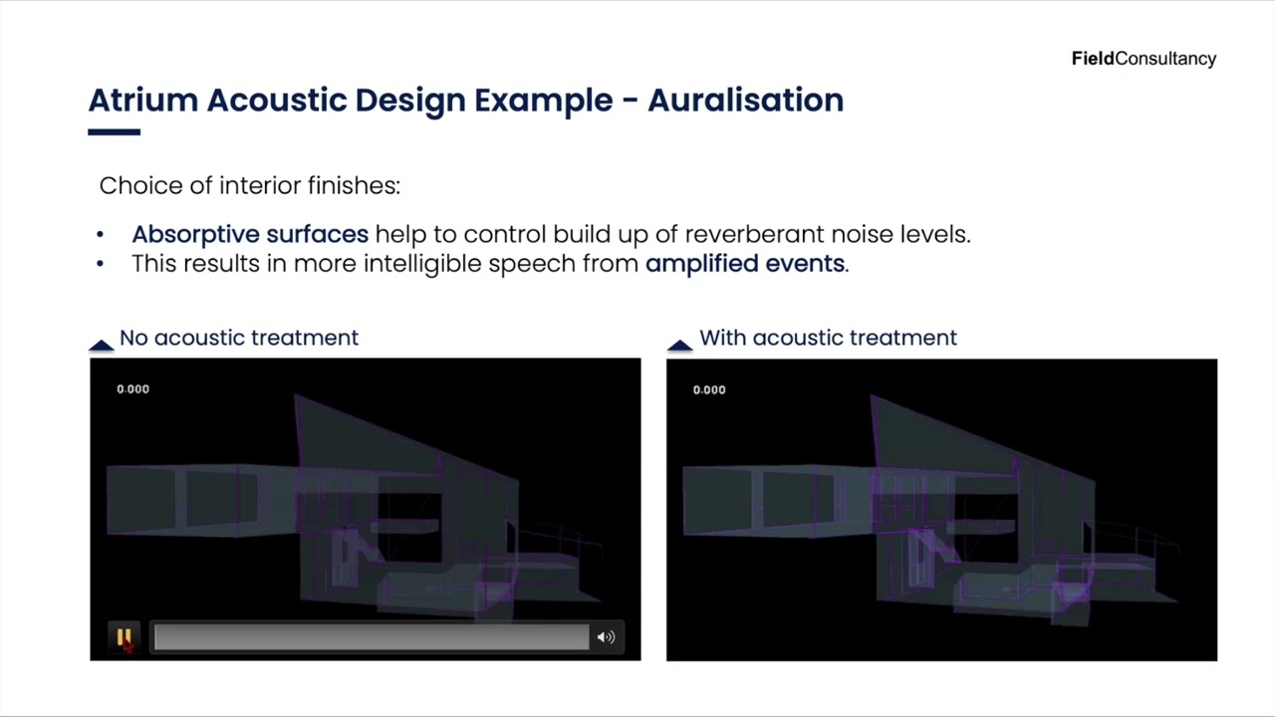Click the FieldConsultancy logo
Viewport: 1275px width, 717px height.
pos(1144,59)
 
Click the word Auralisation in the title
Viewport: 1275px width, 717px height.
pos(745,101)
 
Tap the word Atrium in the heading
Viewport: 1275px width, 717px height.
pos(142,101)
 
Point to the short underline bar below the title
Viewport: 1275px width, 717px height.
pos(114,131)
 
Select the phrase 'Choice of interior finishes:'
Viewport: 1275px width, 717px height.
pos(249,185)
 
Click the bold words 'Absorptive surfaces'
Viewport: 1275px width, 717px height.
pos(249,234)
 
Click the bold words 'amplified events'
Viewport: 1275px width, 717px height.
pos(744,264)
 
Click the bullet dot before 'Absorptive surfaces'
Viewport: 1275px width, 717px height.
pos(100,235)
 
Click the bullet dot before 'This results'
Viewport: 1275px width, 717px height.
pos(100,265)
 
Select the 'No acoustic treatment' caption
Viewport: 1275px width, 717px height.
pos(238,338)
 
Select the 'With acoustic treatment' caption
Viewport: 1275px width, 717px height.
pos(828,338)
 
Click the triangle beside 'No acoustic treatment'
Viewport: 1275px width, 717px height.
pos(101,345)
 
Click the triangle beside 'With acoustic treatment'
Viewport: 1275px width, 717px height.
pos(679,345)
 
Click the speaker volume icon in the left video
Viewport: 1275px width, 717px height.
pos(606,637)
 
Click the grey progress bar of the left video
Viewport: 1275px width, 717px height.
pos(371,637)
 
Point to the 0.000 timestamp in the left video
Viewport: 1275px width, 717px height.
pos(132,389)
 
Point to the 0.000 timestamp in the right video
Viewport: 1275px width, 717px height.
pos(709,389)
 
